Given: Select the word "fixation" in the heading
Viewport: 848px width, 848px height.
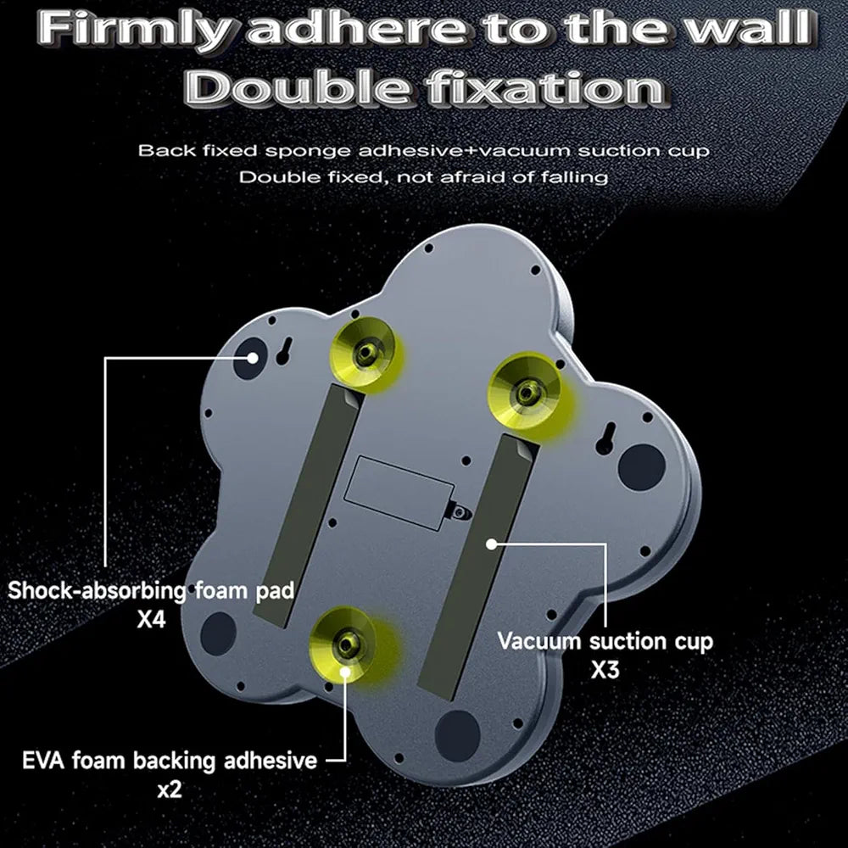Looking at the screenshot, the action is click(546, 88).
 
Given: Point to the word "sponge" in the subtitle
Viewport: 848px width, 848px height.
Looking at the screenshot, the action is click(308, 152).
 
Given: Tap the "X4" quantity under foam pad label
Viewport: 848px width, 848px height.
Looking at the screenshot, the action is click(151, 619).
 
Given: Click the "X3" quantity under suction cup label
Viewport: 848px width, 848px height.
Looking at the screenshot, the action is click(605, 670).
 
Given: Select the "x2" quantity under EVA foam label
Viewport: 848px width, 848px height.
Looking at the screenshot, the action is click(170, 790).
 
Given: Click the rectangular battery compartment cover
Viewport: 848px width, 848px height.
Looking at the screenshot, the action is click(399, 492).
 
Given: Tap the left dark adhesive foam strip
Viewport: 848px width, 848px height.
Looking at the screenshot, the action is click(309, 505).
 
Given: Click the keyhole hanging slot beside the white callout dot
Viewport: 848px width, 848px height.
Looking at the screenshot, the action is click(283, 352).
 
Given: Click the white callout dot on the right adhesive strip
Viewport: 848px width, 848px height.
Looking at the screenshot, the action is click(491, 544).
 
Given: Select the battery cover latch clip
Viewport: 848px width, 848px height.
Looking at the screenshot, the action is click(459, 513).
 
